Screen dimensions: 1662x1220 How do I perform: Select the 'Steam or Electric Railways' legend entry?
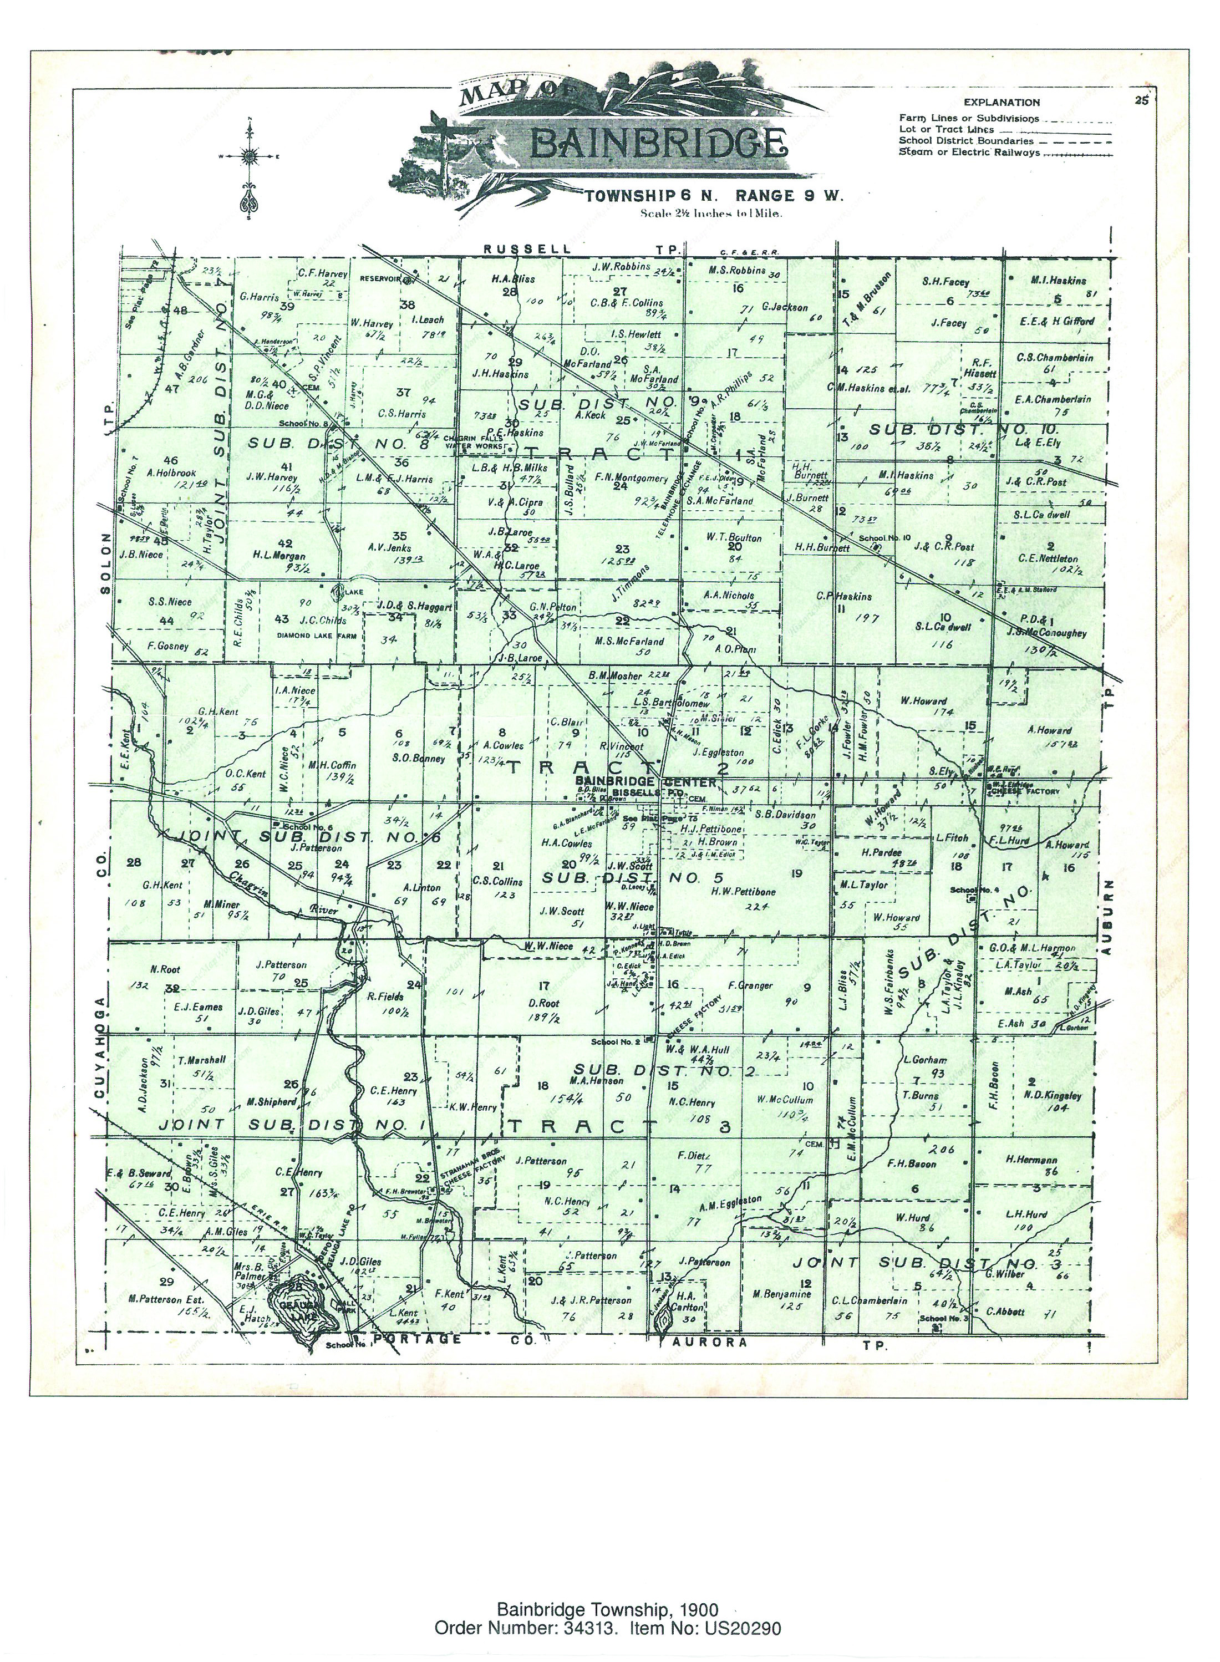(969, 153)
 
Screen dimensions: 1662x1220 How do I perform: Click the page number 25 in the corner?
(1142, 102)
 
